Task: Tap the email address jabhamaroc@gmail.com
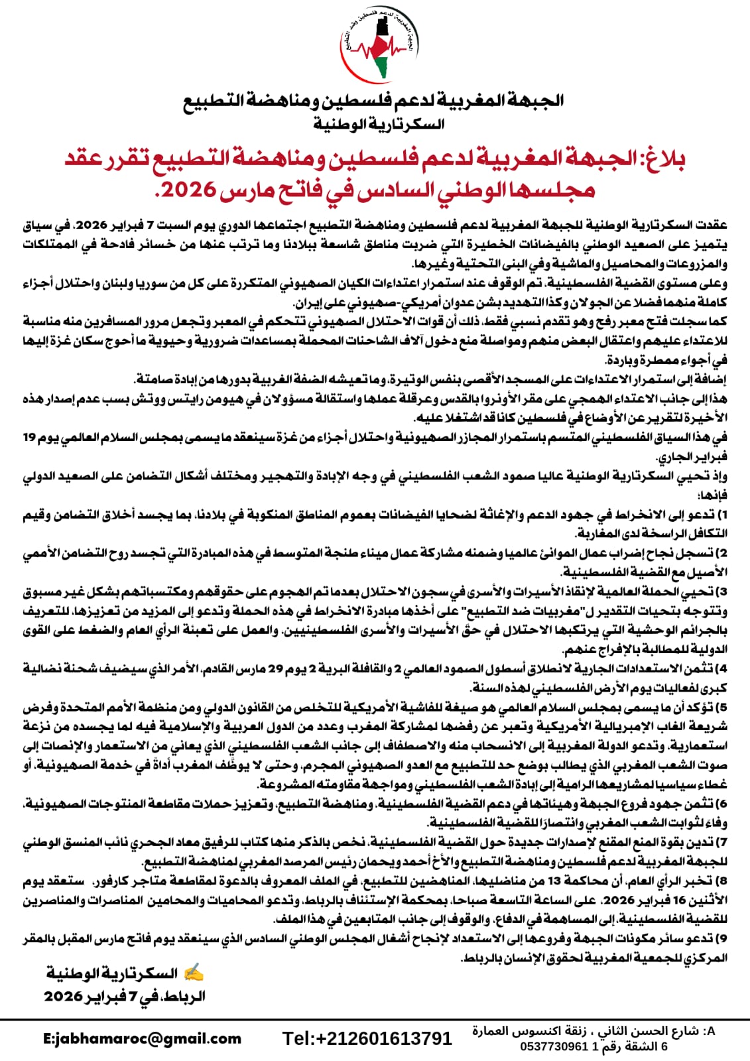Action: click(x=142, y=1039)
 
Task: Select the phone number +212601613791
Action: click(x=367, y=1038)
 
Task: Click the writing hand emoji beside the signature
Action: click(x=193, y=973)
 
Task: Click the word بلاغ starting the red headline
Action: click(x=661, y=160)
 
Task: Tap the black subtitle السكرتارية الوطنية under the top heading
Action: click(x=379, y=124)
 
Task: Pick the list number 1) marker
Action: click(x=723, y=515)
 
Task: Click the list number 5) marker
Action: click(x=723, y=708)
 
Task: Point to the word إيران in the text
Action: click(x=308, y=304)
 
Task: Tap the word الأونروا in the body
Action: click(x=507, y=399)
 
